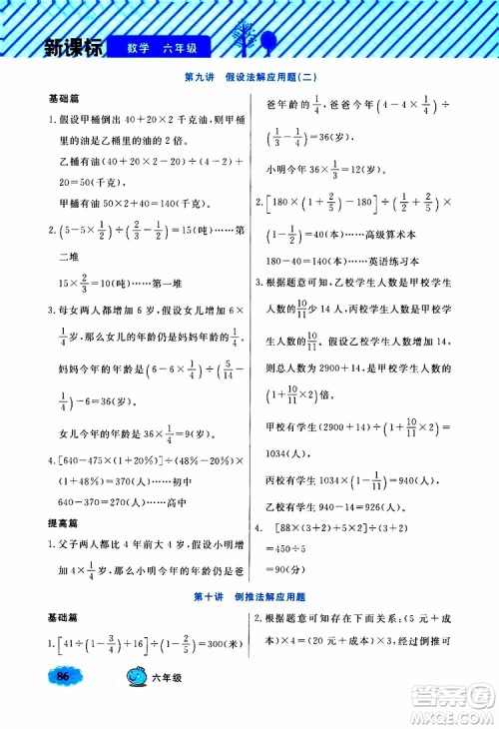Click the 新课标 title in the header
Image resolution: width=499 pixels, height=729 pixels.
[59, 47]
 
